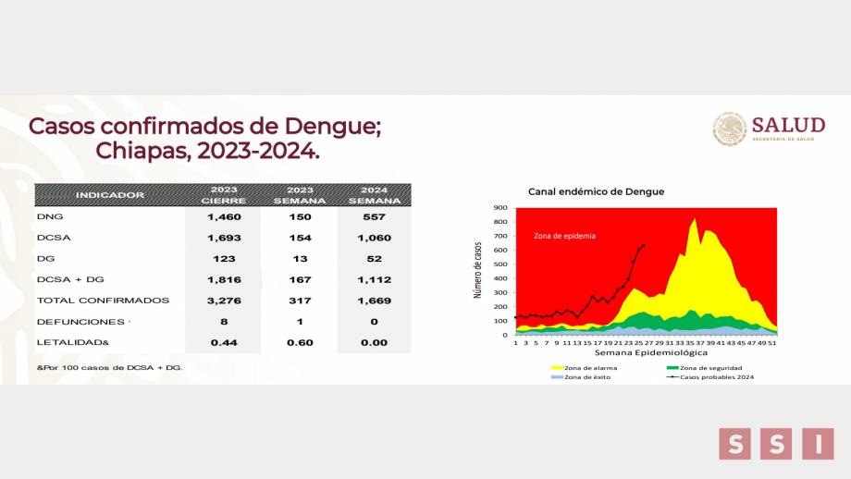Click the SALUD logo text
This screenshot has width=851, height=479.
pyautogui.click(x=788, y=125)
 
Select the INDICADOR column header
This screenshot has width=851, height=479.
pyautogui.click(x=110, y=195)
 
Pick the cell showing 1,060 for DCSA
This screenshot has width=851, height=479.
pyautogui.click(x=374, y=237)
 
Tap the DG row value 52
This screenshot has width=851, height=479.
pyautogui.click(x=374, y=258)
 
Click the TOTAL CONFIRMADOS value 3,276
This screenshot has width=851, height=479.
pyautogui.click(x=223, y=301)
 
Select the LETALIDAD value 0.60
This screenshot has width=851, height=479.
pyautogui.click(x=299, y=342)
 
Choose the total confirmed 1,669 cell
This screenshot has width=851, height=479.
pyautogui.click(x=374, y=301)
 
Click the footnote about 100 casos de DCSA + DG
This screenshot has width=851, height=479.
pyautogui.click(x=109, y=367)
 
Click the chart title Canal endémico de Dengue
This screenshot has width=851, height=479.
pyautogui.click(x=596, y=191)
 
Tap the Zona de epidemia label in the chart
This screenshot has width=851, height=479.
pyautogui.click(x=564, y=236)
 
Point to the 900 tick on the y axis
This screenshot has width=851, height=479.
pyautogui.click(x=500, y=208)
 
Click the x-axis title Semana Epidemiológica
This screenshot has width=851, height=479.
pyautogui.click(x=650, y=352)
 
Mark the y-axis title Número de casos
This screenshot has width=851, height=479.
pyautogui.click(x=478, y=270)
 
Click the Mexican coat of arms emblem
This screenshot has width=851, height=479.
pyautogui.click(x=729, y=129)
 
